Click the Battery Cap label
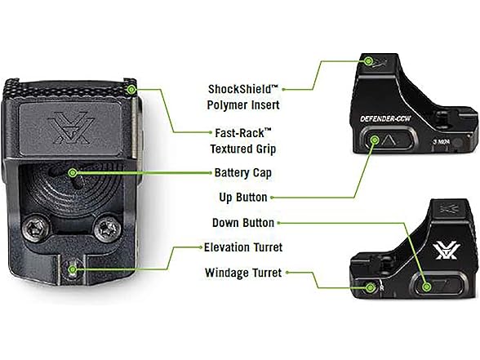point(243,173)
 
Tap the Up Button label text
point(243,198)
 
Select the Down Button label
point(243,223)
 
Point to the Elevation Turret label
point(243,247)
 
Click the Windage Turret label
point(243,273)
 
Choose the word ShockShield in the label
point(239,90)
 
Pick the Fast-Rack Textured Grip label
point(243,140)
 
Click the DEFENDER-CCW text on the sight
point(385,119)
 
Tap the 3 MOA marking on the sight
point(442,142)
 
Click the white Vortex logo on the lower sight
point(446,251)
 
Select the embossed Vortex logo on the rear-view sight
point(71,127)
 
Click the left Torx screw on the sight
point(35,229)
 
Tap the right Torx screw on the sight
point(106,229)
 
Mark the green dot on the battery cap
point(73,173)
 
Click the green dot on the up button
point(375,140)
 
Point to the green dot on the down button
point(426,287)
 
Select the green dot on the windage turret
point(371,287)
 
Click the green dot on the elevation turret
point(73,269)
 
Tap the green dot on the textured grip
point(131,90)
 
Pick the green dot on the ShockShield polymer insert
point(369,61)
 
